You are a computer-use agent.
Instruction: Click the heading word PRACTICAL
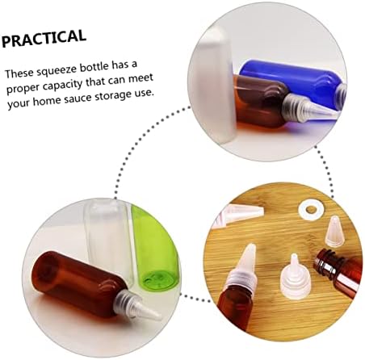point(44,38)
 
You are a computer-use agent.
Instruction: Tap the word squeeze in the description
point(54,69)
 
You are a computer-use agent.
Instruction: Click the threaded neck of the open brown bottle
point(327,259)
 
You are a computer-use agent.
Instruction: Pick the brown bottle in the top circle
point(260,102)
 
